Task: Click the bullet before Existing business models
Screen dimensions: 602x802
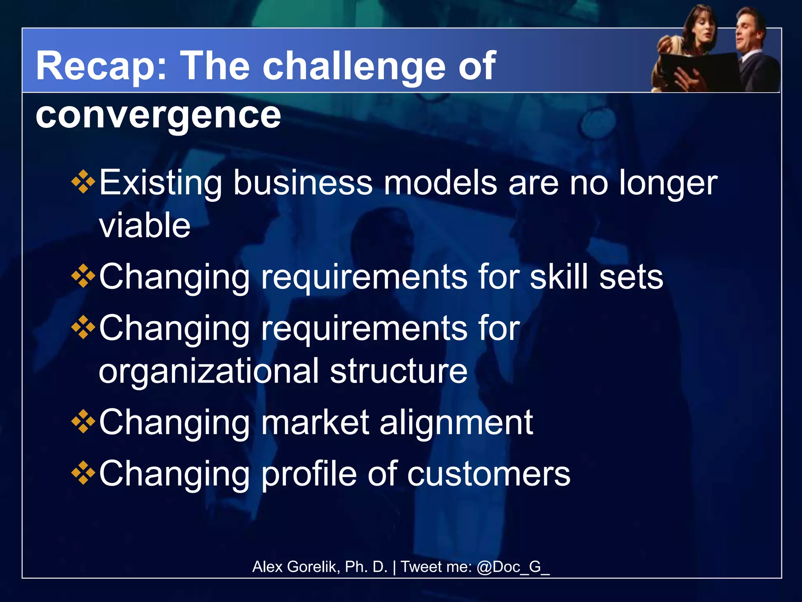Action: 83,182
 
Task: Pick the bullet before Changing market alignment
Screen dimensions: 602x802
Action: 83,422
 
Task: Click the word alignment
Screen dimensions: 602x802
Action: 456,422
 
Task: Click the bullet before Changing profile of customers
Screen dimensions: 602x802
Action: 83,473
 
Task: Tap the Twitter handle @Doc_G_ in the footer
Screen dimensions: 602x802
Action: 513,567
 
